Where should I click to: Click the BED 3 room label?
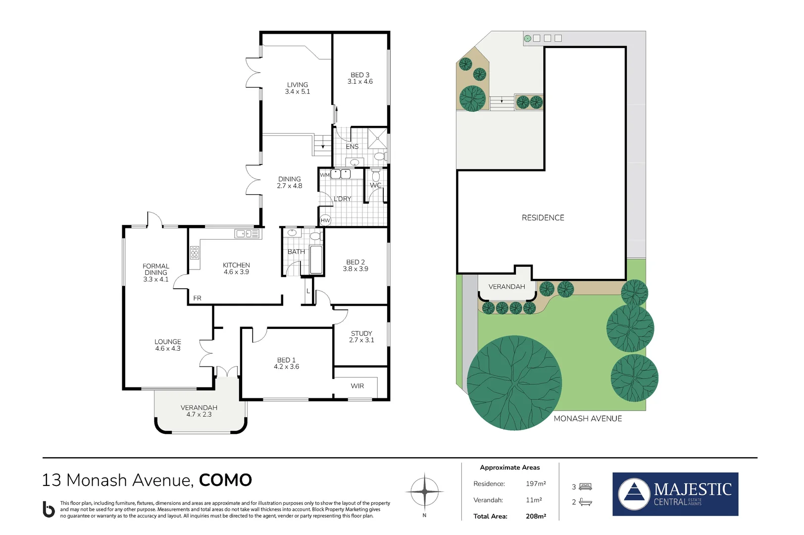[360, 78]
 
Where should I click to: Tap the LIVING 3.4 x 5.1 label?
[297, 88]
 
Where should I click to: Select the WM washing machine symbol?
[324, 175]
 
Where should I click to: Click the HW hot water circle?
[325, 220]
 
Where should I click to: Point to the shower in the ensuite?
[377, 138]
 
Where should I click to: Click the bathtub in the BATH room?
[315, 260]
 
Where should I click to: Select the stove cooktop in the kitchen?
[195, 253]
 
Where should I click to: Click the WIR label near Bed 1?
[357, 386]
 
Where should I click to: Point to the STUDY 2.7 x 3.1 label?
[361, 337]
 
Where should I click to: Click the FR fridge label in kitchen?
[197, 298]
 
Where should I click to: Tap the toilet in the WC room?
[376, 176]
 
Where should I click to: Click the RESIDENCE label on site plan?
[543, 217]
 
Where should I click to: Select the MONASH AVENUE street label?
[588, 419]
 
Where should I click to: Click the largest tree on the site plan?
[514, 382]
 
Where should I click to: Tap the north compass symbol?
[424, 492]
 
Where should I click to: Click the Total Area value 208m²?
[536, 516]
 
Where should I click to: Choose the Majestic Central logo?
[675, 494]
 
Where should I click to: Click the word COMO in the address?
[225, 480]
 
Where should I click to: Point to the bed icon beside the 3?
[585, 486]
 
